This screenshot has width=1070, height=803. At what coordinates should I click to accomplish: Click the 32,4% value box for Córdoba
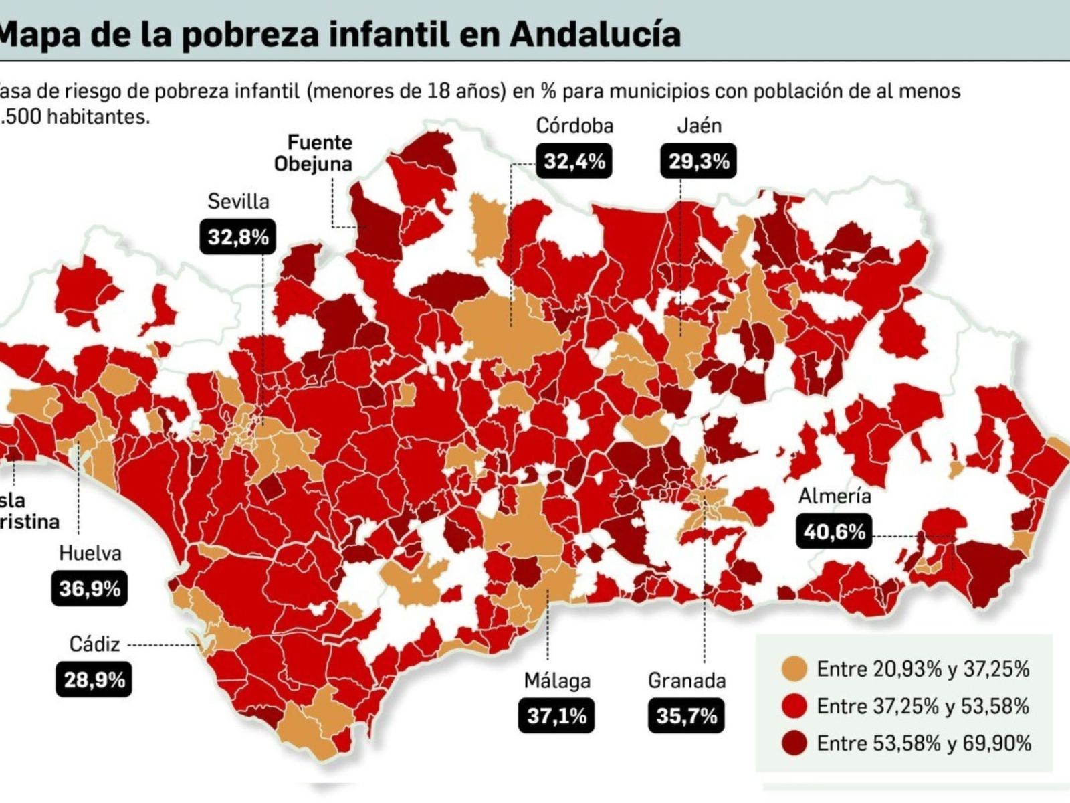(x=574, y=161)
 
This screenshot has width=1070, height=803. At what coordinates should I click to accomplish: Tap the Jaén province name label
(x=699, y=126)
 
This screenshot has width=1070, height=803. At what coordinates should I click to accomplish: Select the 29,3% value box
(x=698, y=161)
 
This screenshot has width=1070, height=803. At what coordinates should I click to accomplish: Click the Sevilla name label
(x=238, y=201)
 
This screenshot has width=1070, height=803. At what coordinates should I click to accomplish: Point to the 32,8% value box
(x=238, y=236)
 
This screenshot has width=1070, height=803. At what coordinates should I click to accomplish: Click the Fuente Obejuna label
(x=313, y=153)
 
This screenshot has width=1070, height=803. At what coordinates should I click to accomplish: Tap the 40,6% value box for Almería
(x=834, y=532)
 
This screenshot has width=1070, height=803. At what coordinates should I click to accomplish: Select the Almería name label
(x=835, y=497)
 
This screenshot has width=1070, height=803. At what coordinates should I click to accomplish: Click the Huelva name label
(x=90, y=553)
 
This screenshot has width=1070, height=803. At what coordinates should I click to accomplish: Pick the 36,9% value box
(x=90, y=589)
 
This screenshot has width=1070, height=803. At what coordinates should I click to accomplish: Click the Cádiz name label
(x=94, y=644)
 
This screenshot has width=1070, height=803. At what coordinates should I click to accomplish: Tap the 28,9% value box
(x=94, y=680)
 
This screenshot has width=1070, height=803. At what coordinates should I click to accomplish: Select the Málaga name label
(x=556, y=681)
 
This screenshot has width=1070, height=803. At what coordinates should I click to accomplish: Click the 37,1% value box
(x=556, y=716)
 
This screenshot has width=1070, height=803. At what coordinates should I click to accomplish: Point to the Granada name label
(x=687, y=681)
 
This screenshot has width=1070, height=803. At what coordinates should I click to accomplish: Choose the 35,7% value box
(x=686, y=716)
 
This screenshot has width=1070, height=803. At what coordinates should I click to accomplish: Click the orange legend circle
(x=794, y=669)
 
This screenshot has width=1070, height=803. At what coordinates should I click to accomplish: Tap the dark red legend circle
(x=794, y=743)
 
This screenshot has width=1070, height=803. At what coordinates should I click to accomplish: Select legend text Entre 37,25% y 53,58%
(x=923, y=706)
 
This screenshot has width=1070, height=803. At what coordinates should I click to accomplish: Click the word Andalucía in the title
(x=595, y=33)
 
